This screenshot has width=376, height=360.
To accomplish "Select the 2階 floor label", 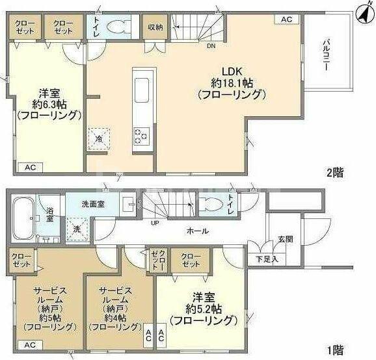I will (334, 173).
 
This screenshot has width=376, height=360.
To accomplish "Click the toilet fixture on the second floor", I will (118, 28).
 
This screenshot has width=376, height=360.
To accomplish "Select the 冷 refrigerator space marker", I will (98, 138).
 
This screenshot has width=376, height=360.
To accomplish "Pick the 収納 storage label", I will (155, 27).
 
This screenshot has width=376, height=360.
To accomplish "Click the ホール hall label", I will (198, 230).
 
